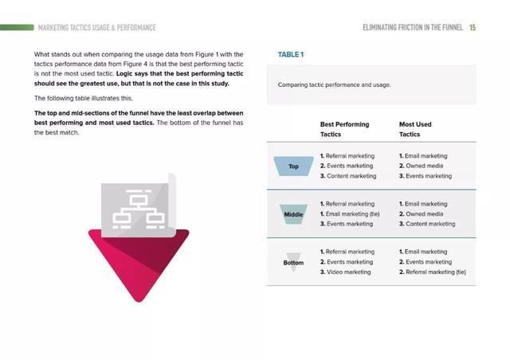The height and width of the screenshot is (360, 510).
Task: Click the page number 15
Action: point(473,28)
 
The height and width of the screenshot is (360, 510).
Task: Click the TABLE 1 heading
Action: point(291,55)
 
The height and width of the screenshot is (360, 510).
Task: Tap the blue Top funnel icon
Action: point(294,166)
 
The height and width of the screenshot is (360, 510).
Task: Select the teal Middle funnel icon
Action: point(293,214)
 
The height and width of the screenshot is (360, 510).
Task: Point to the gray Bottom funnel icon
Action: point(293,262)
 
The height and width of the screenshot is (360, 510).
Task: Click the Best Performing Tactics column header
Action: point(344,130)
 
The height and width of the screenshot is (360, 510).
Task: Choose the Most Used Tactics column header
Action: point(415,130)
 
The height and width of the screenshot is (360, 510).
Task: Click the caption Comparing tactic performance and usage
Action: point(335,85)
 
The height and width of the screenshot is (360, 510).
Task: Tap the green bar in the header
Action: point(17,28)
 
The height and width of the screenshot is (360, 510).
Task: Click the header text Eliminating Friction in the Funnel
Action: point(413,28)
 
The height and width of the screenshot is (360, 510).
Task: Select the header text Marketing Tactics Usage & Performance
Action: point(97,28)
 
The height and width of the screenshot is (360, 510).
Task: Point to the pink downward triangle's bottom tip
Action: point(139,302)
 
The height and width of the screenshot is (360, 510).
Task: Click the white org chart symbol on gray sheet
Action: point(139,209)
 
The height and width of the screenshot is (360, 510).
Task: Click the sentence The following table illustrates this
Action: point(84,98)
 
